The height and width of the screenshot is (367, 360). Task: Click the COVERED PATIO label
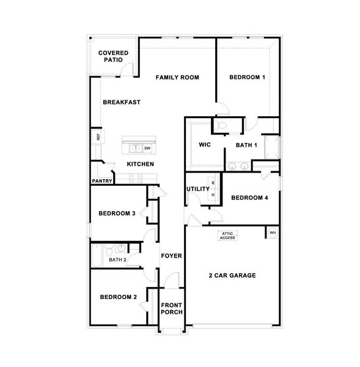click(x=113, y=57)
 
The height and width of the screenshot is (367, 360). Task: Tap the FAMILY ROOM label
click(x=177, y=77)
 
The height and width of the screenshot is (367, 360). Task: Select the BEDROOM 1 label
click(x=247, y=77)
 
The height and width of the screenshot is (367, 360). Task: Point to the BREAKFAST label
click(x=122, y=102)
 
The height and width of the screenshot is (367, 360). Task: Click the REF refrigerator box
click(x=97, y=136)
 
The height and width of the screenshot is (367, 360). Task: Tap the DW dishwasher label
click(x=147, y=148)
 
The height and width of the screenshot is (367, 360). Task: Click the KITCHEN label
click(x=140, y=164)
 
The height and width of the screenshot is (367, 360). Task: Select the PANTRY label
click(x=101, y=181)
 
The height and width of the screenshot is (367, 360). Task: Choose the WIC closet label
click(x=205, y=145)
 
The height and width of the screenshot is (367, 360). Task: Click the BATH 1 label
click(x=246, y=145)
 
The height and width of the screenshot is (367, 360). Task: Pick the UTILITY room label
click(x=197, y=189)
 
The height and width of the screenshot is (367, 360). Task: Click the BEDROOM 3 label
click(x=117, y=213)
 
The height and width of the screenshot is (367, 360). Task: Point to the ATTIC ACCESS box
click(x=227, y=236)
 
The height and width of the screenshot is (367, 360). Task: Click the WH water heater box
click(x=273, y=232)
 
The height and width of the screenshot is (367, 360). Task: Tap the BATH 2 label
click(x=118, y=260)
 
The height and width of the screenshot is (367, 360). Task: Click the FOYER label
click(x=171, y=256)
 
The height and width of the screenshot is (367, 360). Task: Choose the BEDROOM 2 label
click(x=118, y=297)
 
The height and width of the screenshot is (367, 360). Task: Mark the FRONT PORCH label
click(x=171, y=308)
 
